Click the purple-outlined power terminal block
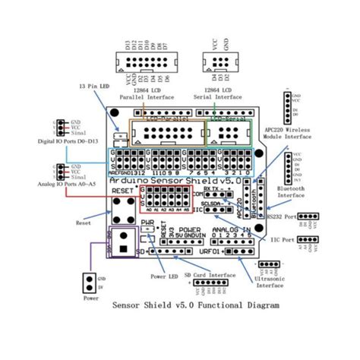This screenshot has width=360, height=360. click(124, 241)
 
